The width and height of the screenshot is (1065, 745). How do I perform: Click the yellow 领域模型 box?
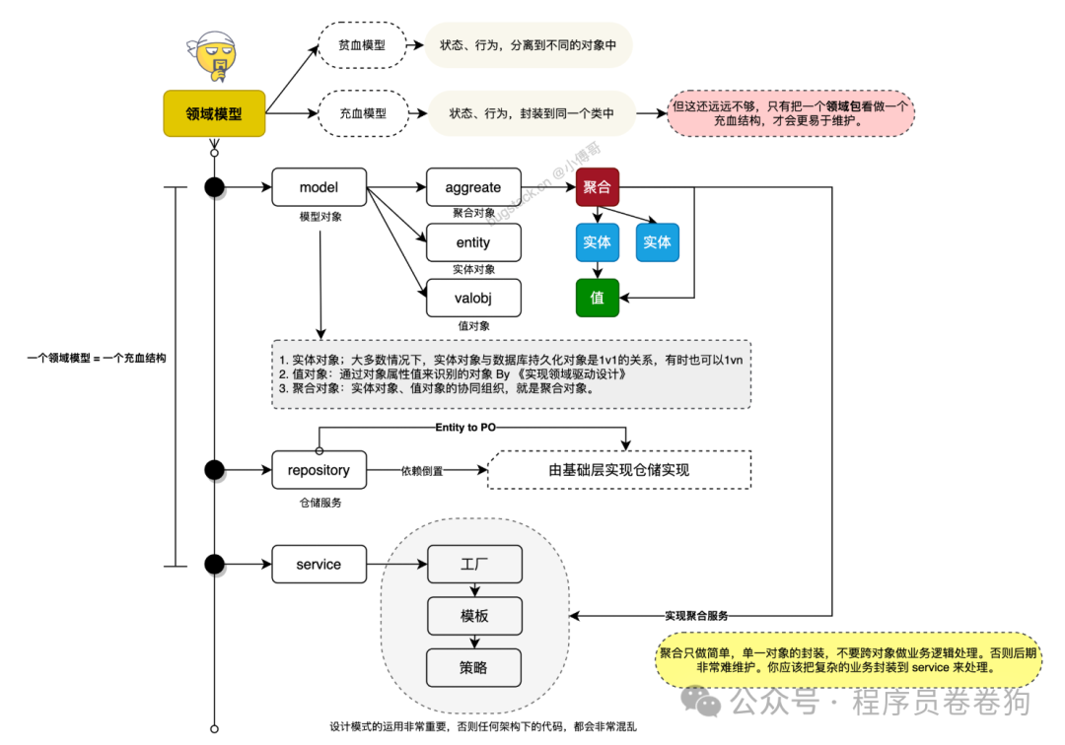click(215, 114)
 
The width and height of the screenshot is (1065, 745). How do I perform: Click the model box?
click(319, 187)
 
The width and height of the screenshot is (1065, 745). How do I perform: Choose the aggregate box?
click(473, 187)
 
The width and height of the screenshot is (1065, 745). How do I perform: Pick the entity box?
click(473, 242)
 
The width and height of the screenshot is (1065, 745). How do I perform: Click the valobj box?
click(473, 298)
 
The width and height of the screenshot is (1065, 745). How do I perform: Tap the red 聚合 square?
click(597, 187)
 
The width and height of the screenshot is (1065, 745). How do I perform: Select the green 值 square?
click(597, 297)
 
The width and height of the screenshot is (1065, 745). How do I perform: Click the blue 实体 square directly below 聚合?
click(597, 242)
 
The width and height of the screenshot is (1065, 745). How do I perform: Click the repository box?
click(319, 470)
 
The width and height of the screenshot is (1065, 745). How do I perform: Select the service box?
click(319, 565)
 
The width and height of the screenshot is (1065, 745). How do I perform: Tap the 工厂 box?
click(473, 566)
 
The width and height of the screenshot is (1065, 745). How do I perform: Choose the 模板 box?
click(473, 616)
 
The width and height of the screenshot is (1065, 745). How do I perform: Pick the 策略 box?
click(473, 667)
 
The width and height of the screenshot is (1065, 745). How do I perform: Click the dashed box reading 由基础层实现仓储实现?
click(619, 470)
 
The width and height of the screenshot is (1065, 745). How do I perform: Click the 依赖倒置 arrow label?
click(421, 471)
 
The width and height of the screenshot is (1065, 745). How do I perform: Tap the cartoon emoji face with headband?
click(215, 57)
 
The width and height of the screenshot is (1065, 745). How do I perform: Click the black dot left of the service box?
click(214, 565)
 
